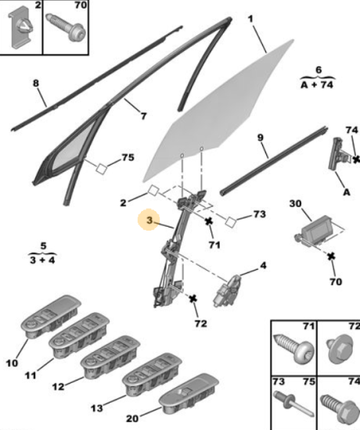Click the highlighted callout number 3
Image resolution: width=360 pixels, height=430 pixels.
click(x=149, y=220)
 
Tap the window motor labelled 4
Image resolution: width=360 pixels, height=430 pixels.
click(x=227, y=291)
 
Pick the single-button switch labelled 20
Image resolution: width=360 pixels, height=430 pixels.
click(x=189, y=393)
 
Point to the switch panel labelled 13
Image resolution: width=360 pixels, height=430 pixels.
click(x=152, y=371)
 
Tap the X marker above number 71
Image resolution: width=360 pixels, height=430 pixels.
click(x=209, y=221)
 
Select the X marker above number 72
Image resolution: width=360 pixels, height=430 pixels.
click(x=193, y=299)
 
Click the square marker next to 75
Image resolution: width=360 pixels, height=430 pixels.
click(x=101, y=169)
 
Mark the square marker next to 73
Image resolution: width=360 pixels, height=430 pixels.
click(x=230, y=222)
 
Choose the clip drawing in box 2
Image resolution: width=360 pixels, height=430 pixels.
click(x=23, y=29)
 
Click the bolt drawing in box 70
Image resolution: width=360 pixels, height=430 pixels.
click(x=65, y=27)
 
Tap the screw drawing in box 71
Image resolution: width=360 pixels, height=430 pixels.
click(x=293, y=349)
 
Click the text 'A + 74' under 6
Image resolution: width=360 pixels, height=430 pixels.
click(x=317, y=84)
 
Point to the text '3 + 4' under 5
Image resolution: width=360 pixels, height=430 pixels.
click(x=42, y=260)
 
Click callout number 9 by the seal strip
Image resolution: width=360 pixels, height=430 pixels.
click(x=260, y=138)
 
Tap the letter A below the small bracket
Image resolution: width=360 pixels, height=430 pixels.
click(x=347, y=192)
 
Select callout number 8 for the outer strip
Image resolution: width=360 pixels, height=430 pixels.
click(x=36, y=83)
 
